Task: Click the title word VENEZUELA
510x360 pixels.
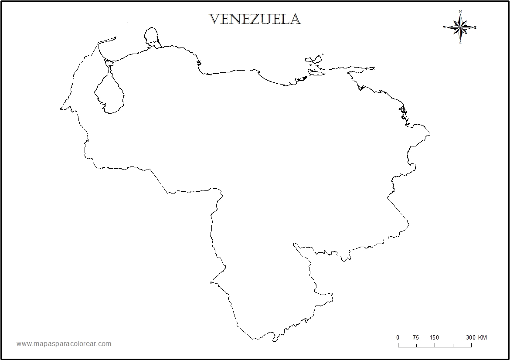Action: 255,19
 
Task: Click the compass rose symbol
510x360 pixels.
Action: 460,27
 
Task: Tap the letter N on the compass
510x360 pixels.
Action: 460,12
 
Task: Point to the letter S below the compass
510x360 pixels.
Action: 460,43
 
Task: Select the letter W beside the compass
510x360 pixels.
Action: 445,27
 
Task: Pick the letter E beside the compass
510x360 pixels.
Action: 475,27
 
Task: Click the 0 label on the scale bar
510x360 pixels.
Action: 398,337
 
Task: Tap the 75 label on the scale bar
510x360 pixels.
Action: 415,337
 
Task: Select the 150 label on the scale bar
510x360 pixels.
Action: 434,337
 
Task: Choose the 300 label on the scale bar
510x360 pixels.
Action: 470,337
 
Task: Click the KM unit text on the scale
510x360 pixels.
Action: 483,337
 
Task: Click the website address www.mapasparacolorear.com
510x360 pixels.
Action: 64,344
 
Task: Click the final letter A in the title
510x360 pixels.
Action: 295,19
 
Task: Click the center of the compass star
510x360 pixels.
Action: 460,27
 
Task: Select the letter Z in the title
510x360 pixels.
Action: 254,19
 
